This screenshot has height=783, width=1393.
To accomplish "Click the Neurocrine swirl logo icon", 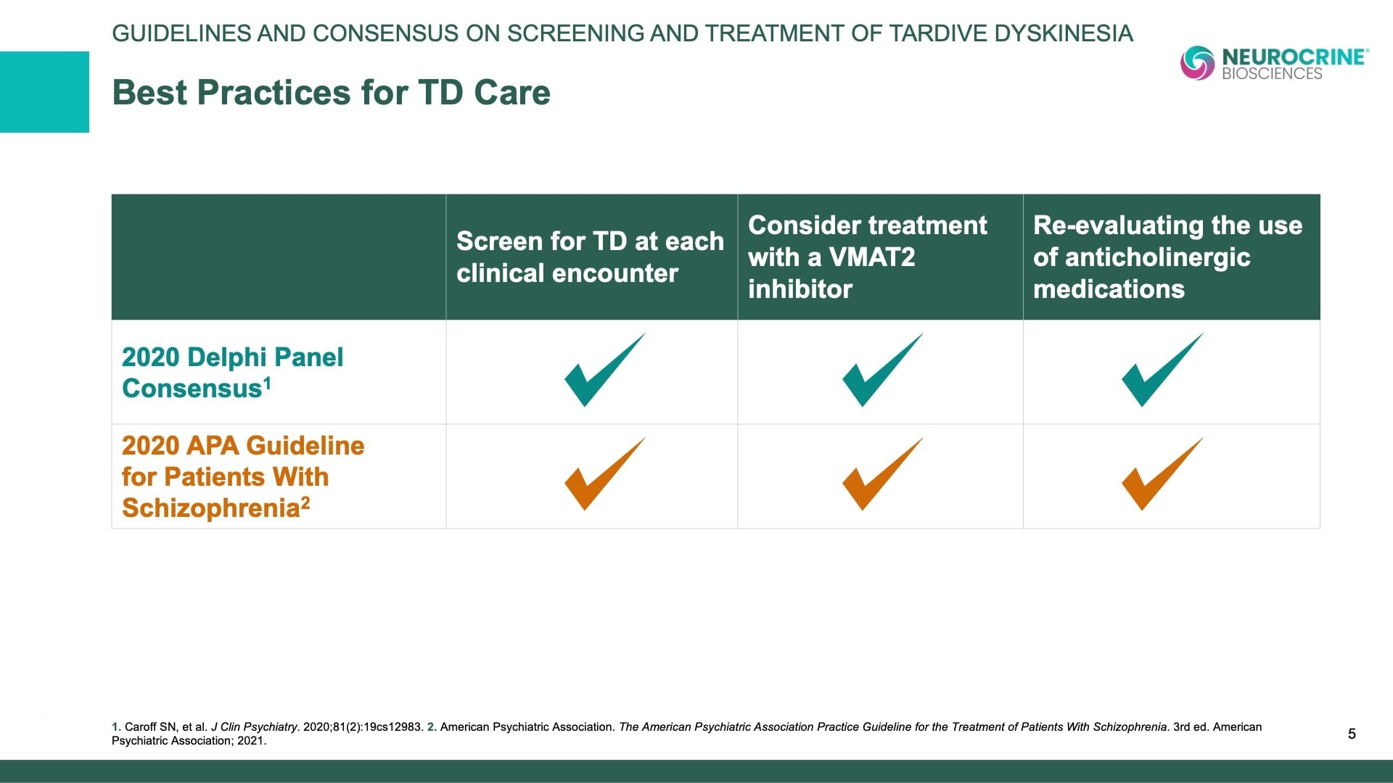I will (x=1197, y=63).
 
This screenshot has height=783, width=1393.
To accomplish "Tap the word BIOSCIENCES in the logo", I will (x=1272, y=74).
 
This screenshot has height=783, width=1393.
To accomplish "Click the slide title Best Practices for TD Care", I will (x=331, y=93).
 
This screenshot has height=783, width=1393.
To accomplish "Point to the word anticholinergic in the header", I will (x=1157, y=257).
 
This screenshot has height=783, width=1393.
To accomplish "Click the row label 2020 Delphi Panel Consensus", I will (x=232, y=372).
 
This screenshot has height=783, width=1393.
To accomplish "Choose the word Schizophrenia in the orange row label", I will (x=210, y=508).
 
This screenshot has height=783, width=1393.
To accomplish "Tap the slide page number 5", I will (x=1352, y=734).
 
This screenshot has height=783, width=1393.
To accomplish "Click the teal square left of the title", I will (x=44, y=92).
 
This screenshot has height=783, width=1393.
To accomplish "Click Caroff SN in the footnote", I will (x=150, y=726).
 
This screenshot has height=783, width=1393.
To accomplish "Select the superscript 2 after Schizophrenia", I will (x=305, y=502).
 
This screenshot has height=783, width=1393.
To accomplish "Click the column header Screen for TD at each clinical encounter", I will (x=589, y=257).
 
